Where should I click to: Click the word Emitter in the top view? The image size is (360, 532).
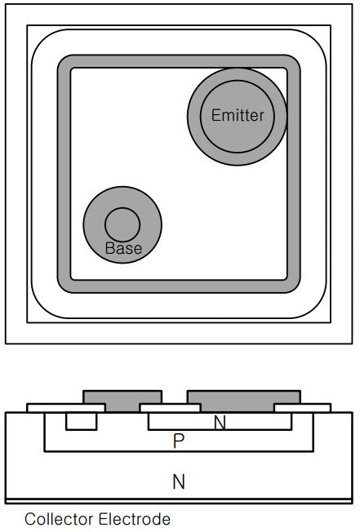click(238, 115)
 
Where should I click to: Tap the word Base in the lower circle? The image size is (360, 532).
click(123, 248)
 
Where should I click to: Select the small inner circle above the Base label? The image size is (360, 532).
click(122, 224)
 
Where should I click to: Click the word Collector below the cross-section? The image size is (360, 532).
click(58, 519)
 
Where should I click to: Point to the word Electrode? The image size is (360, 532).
click(135, 519)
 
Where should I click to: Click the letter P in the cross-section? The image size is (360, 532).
click(179, 441)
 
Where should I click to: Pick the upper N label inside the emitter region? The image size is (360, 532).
click(220, 423)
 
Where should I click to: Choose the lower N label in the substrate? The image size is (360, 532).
click(179, 481)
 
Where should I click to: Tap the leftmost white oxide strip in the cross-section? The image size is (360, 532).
click(66, 408)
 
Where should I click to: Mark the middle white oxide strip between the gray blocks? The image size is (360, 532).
click(171, 408)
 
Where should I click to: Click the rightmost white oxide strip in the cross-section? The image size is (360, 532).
click(302, 408)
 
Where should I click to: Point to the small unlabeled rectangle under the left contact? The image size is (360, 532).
click(82, 421)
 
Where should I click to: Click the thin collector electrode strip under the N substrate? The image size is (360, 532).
click(179, 501)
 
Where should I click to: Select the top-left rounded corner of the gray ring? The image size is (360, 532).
click(65, 63)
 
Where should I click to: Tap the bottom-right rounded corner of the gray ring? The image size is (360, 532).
click(292, 285)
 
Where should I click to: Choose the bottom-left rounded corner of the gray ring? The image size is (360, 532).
click(65, 285)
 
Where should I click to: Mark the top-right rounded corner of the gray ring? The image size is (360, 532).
click(292, 63)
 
